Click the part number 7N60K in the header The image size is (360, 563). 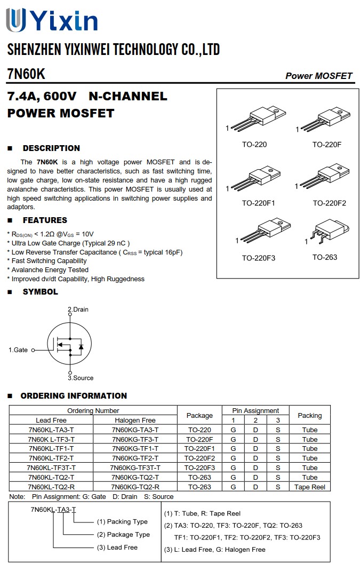(x=26, y=74)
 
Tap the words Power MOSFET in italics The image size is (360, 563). (x=318, y=76)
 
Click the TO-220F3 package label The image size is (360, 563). (x=258, y=258)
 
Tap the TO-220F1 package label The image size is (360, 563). (x=258, y=203)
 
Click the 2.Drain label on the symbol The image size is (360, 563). (x=78, y=310)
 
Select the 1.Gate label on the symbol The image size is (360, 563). (x=18, y=350)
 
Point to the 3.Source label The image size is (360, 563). (x=81, y=378)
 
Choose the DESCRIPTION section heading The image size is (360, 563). (x=51, y=148)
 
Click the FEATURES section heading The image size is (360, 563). (x=45, y=220)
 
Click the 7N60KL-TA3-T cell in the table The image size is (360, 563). (x=51, y=430)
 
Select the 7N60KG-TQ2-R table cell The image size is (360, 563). (x=135, y=487)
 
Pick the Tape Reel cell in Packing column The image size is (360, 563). (x=309, y=487)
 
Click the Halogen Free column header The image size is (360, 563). (x=135, y=421)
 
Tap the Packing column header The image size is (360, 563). (x=309, y=415)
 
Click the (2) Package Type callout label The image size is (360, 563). (x=123, y=534)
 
